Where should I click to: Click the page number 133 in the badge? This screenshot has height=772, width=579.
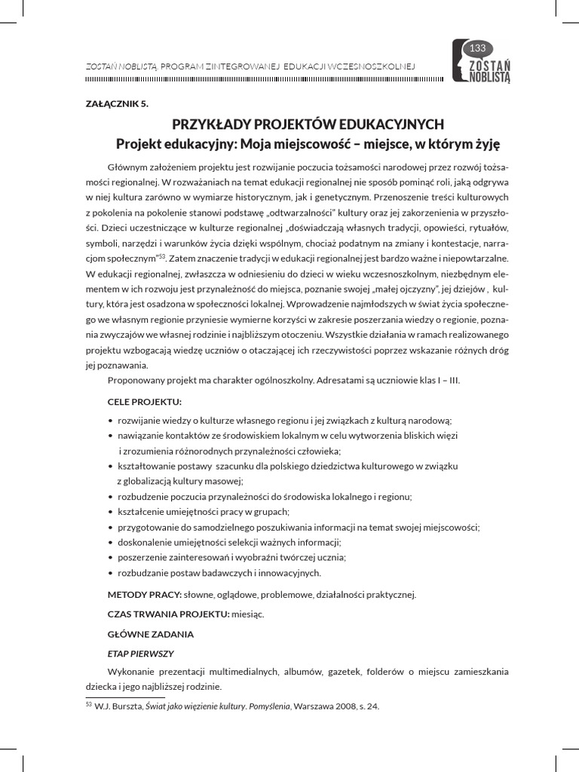(x=476, y=48)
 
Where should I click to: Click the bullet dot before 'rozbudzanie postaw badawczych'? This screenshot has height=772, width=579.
(x=111, y=573)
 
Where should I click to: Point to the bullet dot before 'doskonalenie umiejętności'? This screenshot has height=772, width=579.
(x=111, y=542)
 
